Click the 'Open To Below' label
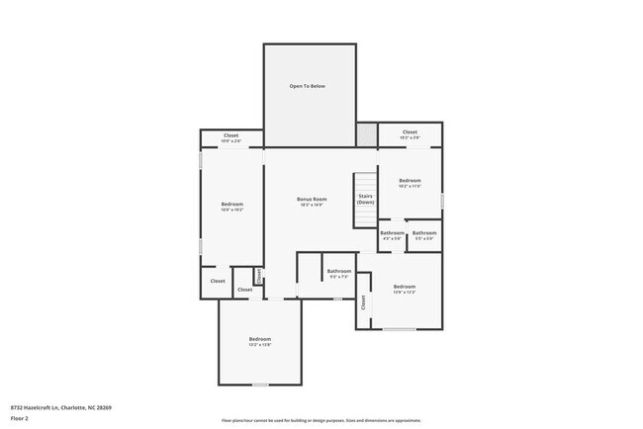[307, 87]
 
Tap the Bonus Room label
[312, 200]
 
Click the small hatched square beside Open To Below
[367, 134]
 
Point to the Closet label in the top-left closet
[230, 135]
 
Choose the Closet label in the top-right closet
[410, 132]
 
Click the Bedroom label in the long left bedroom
[231, 205]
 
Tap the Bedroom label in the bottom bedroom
[259, 340]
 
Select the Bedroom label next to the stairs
[410, 181]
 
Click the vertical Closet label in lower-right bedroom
[363, 303]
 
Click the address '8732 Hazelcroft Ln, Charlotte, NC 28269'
[61, 407]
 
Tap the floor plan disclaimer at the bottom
[321, 419]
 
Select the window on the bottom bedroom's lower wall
[259, 385]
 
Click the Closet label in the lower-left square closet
[217, 281]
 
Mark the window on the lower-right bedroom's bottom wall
[399, 329]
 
